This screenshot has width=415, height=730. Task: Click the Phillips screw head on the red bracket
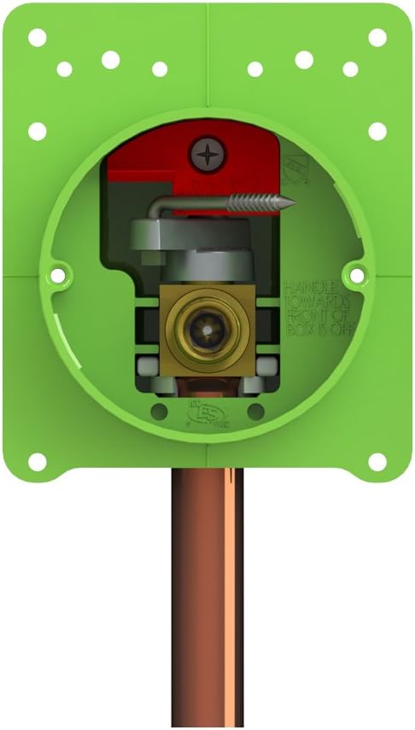click(207, 154)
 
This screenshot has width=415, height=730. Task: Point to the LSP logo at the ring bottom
click(207, 415)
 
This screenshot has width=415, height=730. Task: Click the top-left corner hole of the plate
click(37, 38)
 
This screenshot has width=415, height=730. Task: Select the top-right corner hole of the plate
click(377, 38)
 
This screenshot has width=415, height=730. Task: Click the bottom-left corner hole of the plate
click(37, 461)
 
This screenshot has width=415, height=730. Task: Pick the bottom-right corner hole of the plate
click(377, 461)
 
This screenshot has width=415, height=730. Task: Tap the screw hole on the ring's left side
click(60, 275)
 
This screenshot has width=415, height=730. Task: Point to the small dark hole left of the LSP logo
click(159, 412)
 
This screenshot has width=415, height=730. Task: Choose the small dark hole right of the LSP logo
click(254, 412)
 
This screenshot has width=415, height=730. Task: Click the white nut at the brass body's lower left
click(147, 367)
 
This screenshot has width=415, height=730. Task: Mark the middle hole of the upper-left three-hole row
click(110, 59)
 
